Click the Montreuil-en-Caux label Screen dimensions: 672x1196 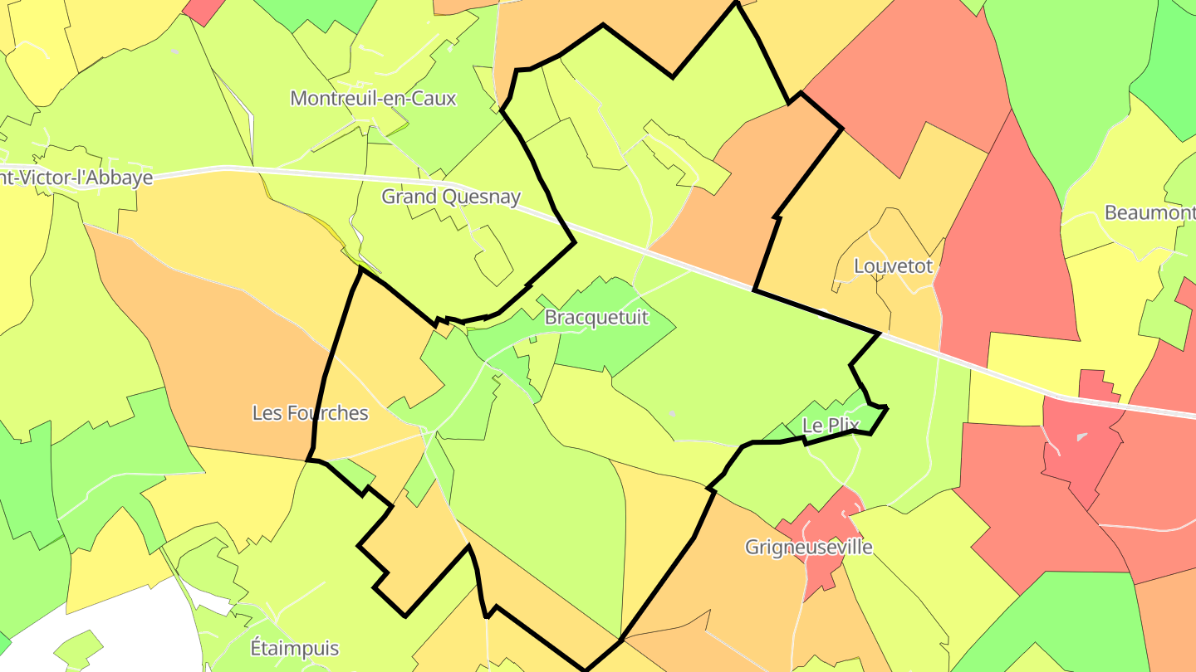tap(373, 98)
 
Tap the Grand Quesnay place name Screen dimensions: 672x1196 tap(451, 197)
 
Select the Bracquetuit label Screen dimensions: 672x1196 tap(596, 317)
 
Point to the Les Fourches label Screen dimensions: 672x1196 tap(310, 412)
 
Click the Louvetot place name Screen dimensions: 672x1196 tap(894, 266)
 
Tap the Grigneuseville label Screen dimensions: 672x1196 tap(809, 548)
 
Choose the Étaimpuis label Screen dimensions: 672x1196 tap(295, 646)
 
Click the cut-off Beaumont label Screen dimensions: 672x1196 tap(1149, 213)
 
